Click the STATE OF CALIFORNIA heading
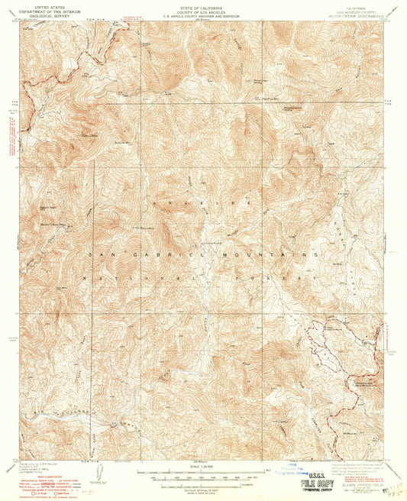coord(202,5)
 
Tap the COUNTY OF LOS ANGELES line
coord(202,9)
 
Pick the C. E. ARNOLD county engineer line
coord(202,14)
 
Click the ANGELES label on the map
coord(202,202)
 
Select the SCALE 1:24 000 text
coord(202,468)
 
